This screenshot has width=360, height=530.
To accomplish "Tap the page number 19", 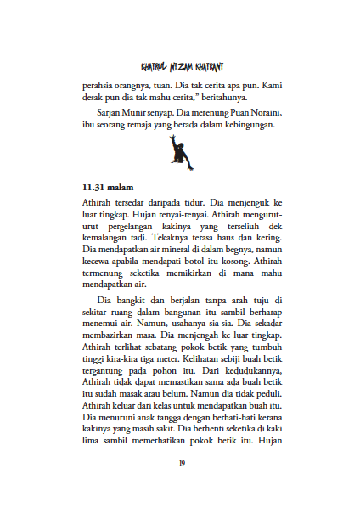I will point(181,463).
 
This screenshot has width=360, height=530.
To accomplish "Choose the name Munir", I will point(140,113).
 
